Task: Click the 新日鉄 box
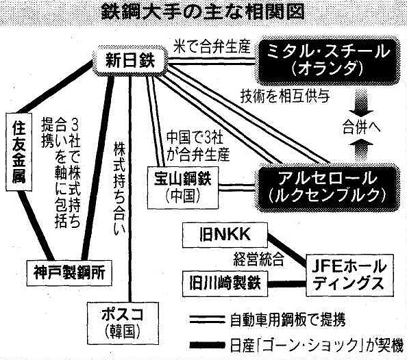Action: click(129, 61)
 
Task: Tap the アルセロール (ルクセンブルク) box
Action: click(328, 188)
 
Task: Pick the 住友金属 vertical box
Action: click(19, 152)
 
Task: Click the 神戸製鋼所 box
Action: click(69, 273)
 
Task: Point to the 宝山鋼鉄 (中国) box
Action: click(183, 188)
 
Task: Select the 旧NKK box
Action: click(225, 235)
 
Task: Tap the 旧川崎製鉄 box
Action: click(225, 283)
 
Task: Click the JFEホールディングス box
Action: click(349, 275)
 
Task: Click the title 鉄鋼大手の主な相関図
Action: click(203, 12)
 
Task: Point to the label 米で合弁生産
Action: click(212, 47)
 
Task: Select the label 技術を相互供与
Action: click(285, 97)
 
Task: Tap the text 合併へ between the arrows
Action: click(361, 127)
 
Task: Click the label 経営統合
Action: click(258, 259)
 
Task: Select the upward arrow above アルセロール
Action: click(361, 150)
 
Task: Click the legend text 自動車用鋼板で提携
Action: click(288, 320)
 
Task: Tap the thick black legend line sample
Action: click(207, 346)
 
